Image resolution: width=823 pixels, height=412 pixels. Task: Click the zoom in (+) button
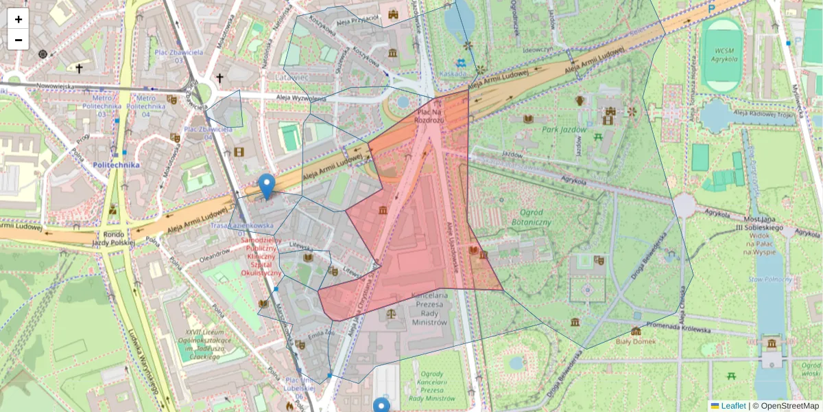pyautogui.click(x=19, y=19)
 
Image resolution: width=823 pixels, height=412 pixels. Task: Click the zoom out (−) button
pyautogui.click(x=19, y=40)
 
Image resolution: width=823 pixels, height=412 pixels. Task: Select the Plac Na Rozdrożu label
pyautogui.click(x=429, y=115)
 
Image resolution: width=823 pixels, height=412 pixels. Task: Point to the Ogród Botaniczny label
pyautogui.click(x=532, y=218)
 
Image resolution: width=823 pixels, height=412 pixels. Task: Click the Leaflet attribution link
pyautogui.click(x=733, y=406)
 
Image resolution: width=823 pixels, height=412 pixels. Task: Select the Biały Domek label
pyautogui.click(x=636, y=341)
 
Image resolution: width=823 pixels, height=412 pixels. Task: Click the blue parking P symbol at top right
pyautogui.click(x=711, y=8)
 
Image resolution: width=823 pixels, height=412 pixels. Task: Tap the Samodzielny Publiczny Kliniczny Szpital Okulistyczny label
pyautogui.click(x=261, y=256)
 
